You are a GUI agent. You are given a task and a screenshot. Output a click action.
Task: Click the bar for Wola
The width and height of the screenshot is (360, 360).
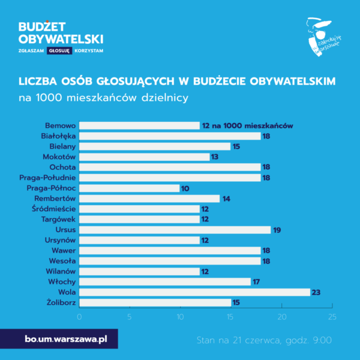pyautogui.click(x=194, y=292)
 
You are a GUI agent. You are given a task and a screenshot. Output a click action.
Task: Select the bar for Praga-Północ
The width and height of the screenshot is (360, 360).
pyautogui.click(x=129, y=188)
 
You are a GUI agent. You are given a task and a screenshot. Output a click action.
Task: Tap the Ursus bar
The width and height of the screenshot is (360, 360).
pyautogui.click(x=175, y=230)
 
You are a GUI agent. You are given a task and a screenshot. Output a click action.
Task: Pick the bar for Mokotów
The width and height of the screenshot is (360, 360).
pyautogui.click(x=144, y=157)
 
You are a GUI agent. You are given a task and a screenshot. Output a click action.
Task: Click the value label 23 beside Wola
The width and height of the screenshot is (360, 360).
pyautogui.click(x=317, y=292)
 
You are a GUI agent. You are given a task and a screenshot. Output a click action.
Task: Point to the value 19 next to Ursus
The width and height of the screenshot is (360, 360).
pyautogui.click(x=277, y=230)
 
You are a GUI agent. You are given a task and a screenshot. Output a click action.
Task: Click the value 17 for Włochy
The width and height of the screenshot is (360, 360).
pyautogui.click(x=256, y=281)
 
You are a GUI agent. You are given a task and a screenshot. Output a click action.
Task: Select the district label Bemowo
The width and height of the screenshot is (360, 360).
pyautogui.click(x=60, y=126)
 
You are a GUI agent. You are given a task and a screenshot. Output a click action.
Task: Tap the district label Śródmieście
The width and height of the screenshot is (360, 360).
pyautogui.click(x=53, y=209)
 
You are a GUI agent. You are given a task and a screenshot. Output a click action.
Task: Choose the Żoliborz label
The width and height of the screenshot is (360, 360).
pyautogui.click(x=60, y=302)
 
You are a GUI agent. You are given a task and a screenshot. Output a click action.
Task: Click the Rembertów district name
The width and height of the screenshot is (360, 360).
pyautogui.click(x=55, y=199)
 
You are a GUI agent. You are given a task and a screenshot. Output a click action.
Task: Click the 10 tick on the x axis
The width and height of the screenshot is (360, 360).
pyautogui.click(x=180, y=316)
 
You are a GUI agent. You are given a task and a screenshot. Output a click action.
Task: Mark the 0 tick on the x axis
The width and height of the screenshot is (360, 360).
pyautogui.click(x=79, y=316)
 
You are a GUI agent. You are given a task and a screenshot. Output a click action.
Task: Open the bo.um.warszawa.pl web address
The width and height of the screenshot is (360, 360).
pyautogui.click(x=66, y=340)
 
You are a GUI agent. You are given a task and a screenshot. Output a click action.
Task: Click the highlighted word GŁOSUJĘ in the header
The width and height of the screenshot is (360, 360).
pyautogui.click(x=60, y=51)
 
